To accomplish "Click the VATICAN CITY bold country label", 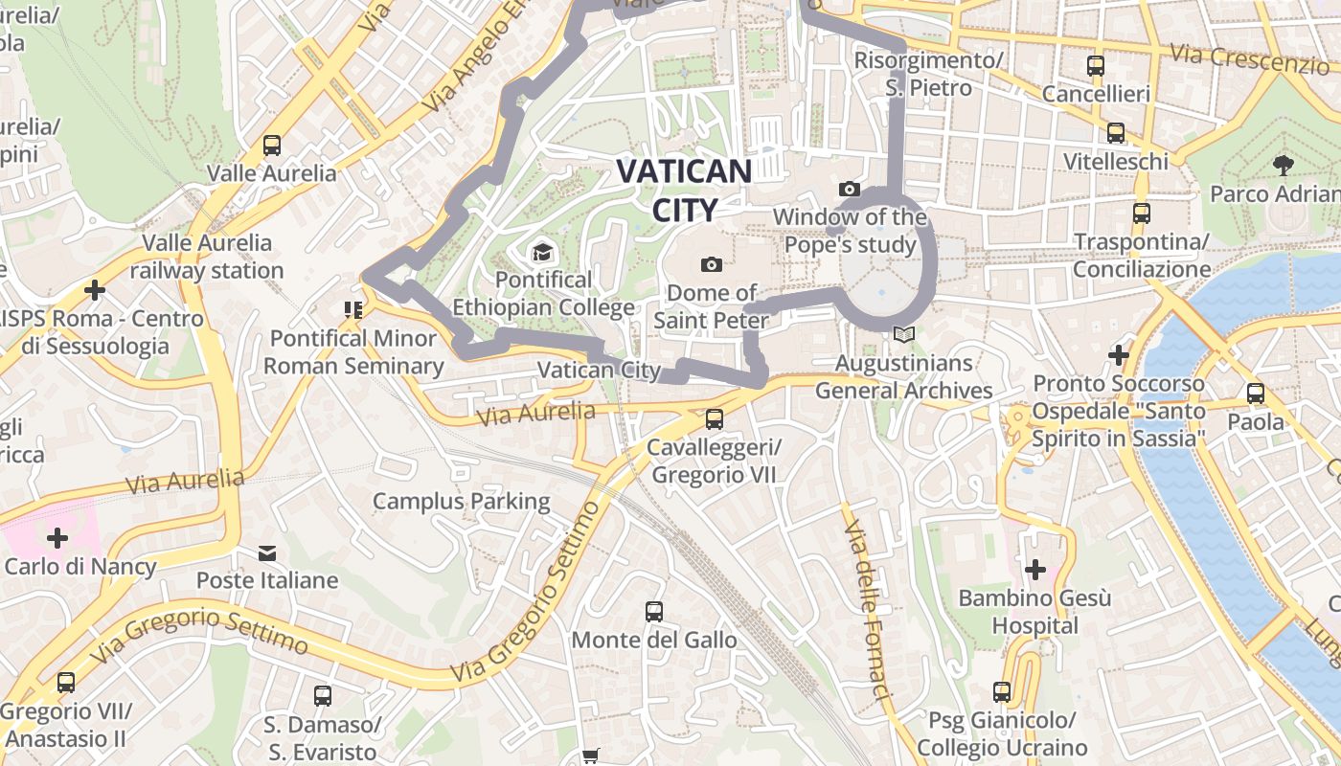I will [684, 190].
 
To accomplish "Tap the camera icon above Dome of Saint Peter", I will [711, 264].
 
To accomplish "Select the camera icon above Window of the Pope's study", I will [849, 190].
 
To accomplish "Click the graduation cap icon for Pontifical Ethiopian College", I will [542, 253].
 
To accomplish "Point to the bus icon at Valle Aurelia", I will [272, 146].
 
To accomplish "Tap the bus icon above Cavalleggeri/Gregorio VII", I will [714, 418].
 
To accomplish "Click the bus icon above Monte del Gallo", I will [654, 611].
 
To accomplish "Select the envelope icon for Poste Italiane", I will [267, 552].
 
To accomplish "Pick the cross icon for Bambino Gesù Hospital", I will [1034, 570].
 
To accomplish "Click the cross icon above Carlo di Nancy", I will [57, 537].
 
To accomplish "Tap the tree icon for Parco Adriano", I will [1283, 166].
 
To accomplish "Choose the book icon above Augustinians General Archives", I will [902, 335].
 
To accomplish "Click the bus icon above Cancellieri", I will [1096, 66].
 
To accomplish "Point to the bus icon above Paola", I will [1255, 393].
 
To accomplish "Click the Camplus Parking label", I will [462, 501].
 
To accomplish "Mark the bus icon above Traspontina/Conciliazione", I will [1141, 213].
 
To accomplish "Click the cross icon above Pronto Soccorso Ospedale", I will [1118, 354].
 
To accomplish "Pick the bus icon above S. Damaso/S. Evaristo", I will [323, 695].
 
